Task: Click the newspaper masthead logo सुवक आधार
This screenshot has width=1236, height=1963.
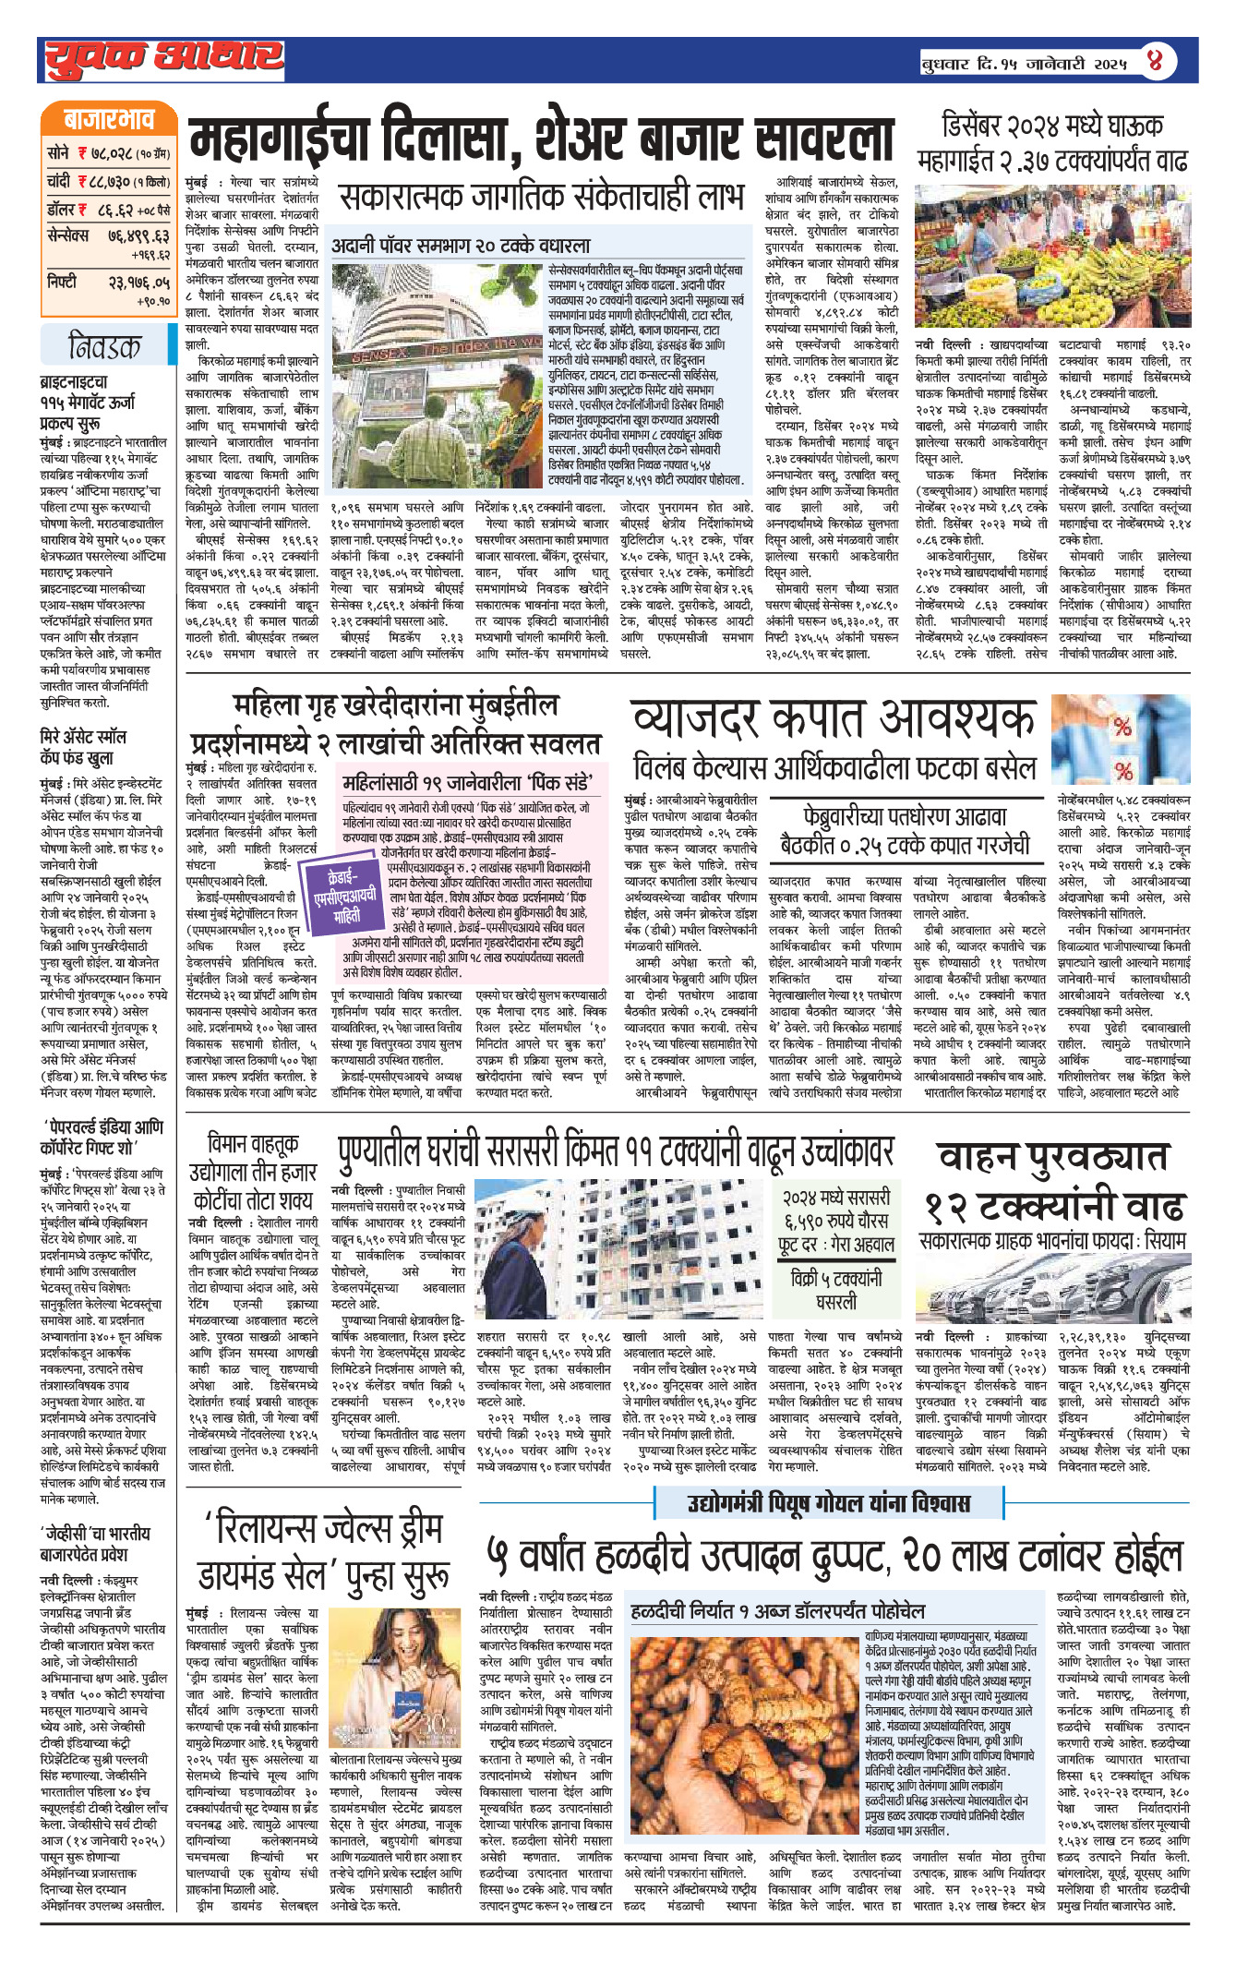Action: point(163,58)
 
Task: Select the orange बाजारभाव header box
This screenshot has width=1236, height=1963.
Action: point(108,121)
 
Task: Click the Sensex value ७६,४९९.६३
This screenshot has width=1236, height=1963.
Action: point(138,236)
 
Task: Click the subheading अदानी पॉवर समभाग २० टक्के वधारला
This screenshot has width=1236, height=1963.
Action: point(461,246)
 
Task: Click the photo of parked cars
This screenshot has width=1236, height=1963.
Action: point(1052,1288)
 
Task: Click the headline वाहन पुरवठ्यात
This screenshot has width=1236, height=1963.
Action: point(1052,1157)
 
